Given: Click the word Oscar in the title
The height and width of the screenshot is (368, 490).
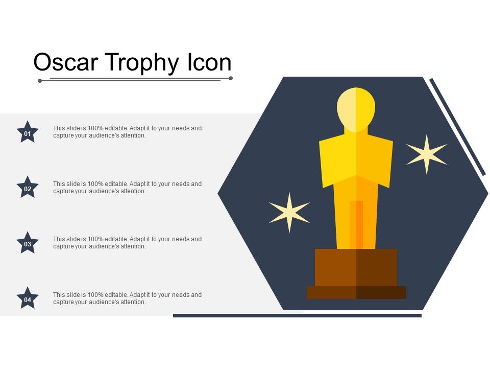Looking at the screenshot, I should tap(67, 63).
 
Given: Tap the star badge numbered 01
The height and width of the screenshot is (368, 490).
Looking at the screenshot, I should tap(28, 133).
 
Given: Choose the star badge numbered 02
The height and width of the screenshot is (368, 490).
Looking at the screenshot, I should tap(28, 188).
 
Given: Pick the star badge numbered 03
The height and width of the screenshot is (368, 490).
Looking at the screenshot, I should tap(28, 243).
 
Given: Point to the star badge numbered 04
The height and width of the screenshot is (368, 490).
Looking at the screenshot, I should tap(28, 299).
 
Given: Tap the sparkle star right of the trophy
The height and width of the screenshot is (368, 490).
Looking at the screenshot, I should tap(426, 154).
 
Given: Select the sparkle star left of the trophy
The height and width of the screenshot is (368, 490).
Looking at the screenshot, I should tap(289, 213).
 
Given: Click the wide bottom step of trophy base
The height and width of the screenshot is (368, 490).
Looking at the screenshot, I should tap(356, 292).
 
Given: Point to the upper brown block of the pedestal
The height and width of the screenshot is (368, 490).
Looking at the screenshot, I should tap(356, 267).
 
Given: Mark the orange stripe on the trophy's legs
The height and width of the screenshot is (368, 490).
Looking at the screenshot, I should tap(356, 225).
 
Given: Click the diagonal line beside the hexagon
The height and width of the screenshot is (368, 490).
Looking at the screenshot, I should tap(457, 127).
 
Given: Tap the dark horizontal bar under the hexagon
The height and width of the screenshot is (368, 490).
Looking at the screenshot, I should tap(297, 315).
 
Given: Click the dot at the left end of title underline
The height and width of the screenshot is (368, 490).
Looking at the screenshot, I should tap(40, 80).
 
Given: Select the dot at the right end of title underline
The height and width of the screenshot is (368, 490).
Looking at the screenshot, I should tap(231, 78).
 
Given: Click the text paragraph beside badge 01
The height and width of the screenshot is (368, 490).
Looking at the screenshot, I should tap(127, 132).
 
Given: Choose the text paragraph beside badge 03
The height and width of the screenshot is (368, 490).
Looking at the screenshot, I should tap(127, 242).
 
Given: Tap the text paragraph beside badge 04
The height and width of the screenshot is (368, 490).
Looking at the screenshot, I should tap(127, 298).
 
